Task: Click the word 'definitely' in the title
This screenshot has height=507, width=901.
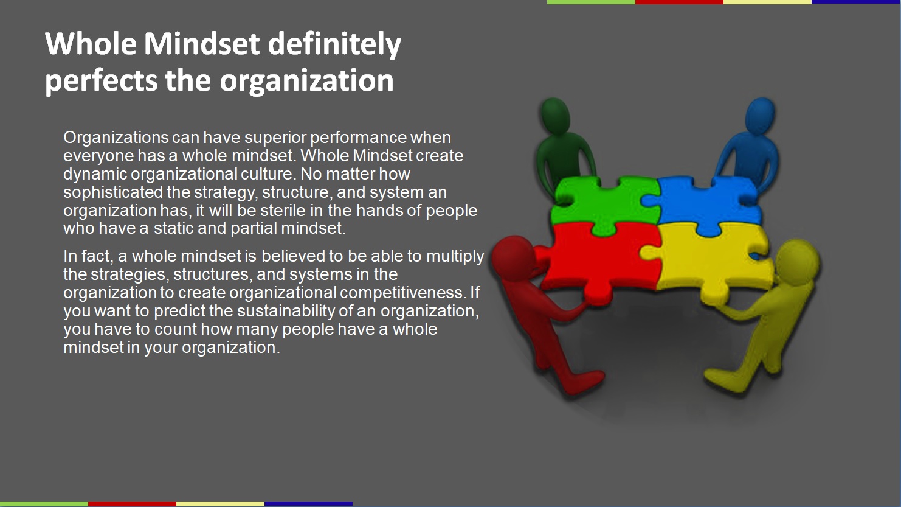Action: [334, 44]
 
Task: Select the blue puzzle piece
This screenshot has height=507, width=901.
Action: [705, 201]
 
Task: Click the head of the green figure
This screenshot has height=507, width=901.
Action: [554, 116]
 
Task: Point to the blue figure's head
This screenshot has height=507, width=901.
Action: [760, 116]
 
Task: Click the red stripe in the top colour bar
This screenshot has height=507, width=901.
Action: [679, 2]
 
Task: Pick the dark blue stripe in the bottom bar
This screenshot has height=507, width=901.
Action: [308, 504]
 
